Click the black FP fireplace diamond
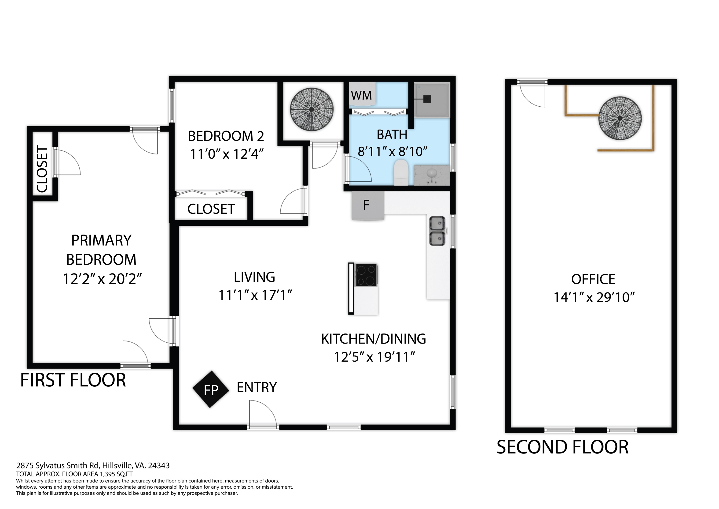tap(211, 389)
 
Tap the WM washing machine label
tap(361, 95)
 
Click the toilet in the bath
tap(400, 172)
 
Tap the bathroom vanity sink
tap(432, 175)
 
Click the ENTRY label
tap(257, 388)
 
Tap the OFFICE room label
tap(593, 279)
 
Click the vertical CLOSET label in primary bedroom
tap(42, 169)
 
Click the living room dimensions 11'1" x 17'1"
tap(255, 295)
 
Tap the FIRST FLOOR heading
tap(73, 380)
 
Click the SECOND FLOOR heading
tap(563, 447)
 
